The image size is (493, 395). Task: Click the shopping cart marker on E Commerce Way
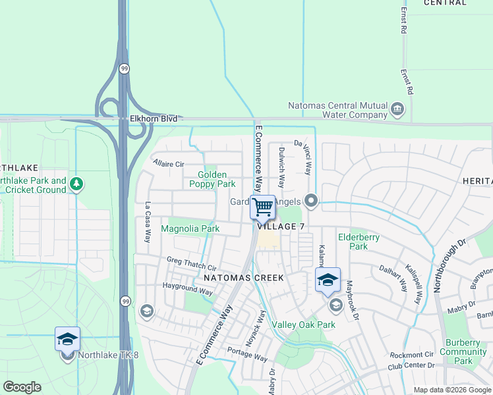pos(263,207)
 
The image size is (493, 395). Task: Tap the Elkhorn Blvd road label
pos(148,119)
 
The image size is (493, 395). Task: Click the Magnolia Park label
pos(190,228)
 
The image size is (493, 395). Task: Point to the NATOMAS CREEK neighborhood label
pos(243,278)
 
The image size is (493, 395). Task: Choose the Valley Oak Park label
pos(304,325)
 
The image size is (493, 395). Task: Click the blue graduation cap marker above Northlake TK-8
pos(67,338)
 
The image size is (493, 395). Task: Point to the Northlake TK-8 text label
pos(109,355)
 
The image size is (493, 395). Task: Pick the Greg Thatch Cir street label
pos(191,264)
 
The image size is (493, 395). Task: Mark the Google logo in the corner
pos(22,387)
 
